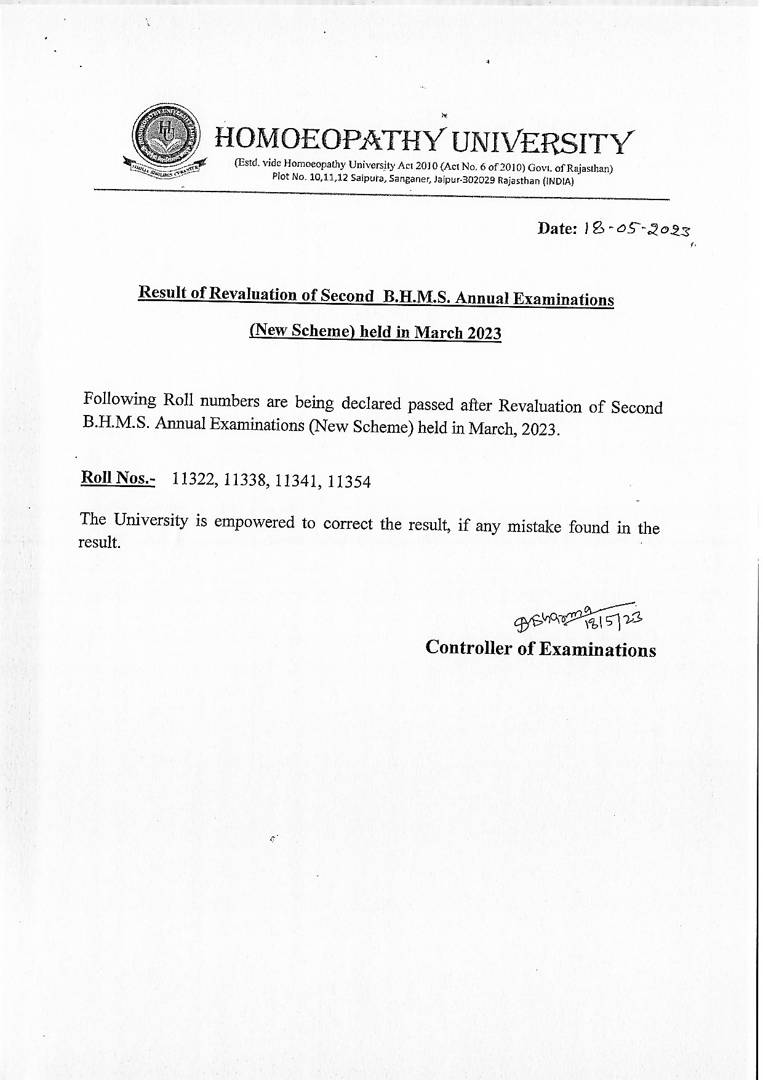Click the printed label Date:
pyautogui.click(x=557, y=228)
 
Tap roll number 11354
pyautogui.click(x=350, y=482)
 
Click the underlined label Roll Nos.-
pyautogui.click(x=118, y=478)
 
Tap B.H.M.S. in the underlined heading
pyautogui.click(x=415, y=296)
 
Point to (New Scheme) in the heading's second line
pyautogui.click(x=302, y=330)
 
